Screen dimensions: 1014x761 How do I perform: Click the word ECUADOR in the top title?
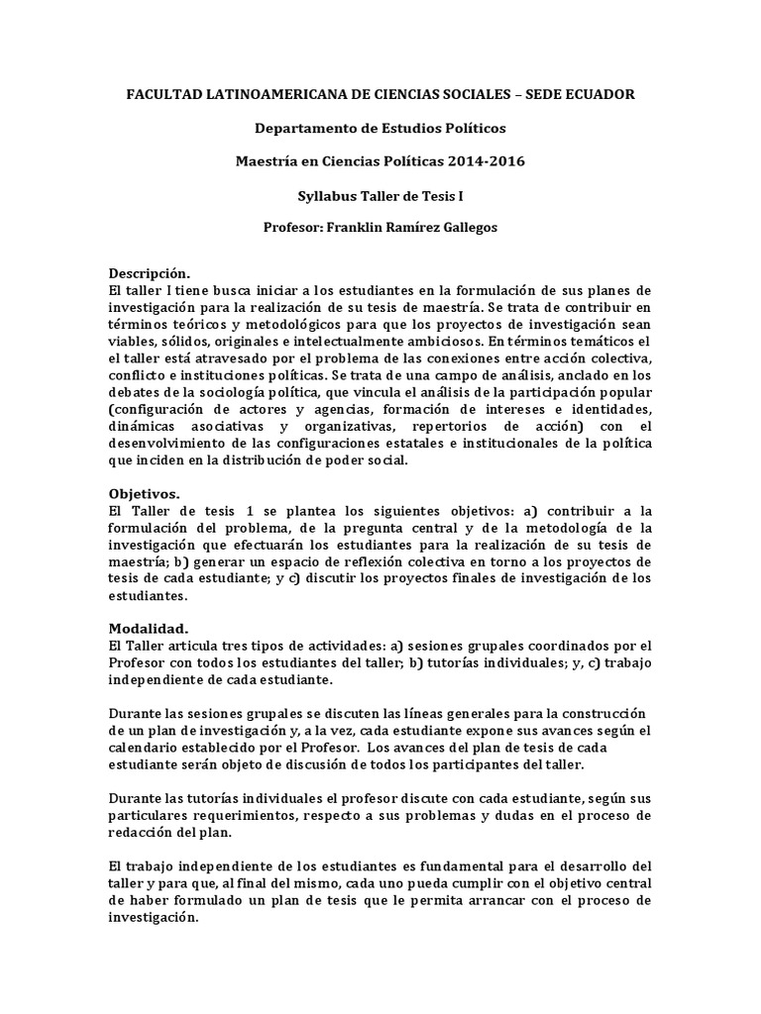pyautogui.click(x=598, y=94)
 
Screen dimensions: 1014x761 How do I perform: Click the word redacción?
pyautogui.click(x=139, y=833)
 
